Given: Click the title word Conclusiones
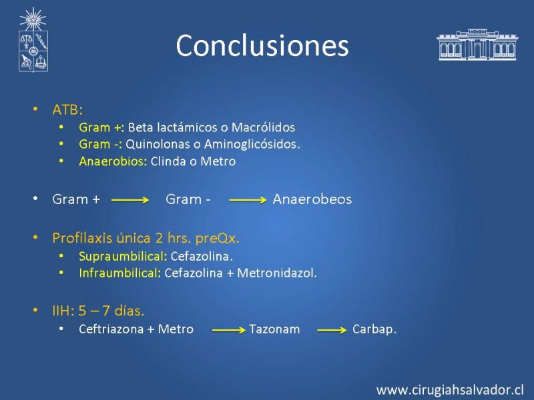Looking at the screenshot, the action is [262, 45].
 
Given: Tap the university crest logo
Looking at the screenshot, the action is [33, 40].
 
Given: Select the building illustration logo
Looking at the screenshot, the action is [477, 45].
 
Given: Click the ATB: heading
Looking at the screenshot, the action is [67, 110].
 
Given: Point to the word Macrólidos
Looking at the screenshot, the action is [263, 127].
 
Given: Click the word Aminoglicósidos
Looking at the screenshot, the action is [252, 144].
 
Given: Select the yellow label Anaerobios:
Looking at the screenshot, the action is [113, 161].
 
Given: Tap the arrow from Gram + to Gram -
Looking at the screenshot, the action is [130, 200].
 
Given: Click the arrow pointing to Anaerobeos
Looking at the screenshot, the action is [248, 200].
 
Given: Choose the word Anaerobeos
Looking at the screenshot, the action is [312, 199].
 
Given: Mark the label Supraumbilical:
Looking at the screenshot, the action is [123, 257].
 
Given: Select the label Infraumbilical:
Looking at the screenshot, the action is [120, 273].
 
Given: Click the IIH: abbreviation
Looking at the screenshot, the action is [63, 311].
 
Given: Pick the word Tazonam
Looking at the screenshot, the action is [274, 329].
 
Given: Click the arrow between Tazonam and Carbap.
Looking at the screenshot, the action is [332, 330].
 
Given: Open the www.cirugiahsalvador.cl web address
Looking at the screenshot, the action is [450, 390].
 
